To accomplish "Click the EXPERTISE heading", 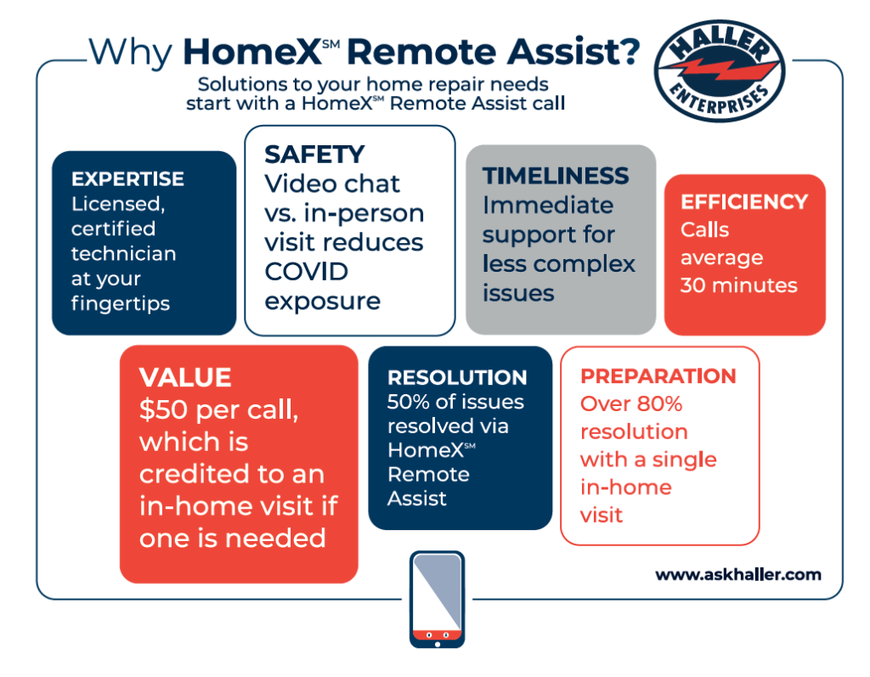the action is tap(127, 178).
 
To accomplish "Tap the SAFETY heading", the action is tap(314, 155).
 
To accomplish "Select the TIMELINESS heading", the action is tap(556, 176).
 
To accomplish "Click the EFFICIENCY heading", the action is tap(744, 202).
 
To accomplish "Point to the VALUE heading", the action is tap(185, 377).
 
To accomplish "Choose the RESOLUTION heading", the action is tap(457, 377).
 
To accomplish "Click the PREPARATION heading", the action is tap(658, 376).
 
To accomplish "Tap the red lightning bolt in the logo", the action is tap(720, 71).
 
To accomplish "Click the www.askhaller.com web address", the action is tap(738, 574).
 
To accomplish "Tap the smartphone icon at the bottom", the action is tap(438, 600).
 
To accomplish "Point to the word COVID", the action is tap(306, 272).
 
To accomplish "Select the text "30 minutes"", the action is tap(738, 285).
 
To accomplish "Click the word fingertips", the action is tap(121, 304).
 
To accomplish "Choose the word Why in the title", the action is tap(130, 54).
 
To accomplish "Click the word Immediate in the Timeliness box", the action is tap(548, 206).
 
